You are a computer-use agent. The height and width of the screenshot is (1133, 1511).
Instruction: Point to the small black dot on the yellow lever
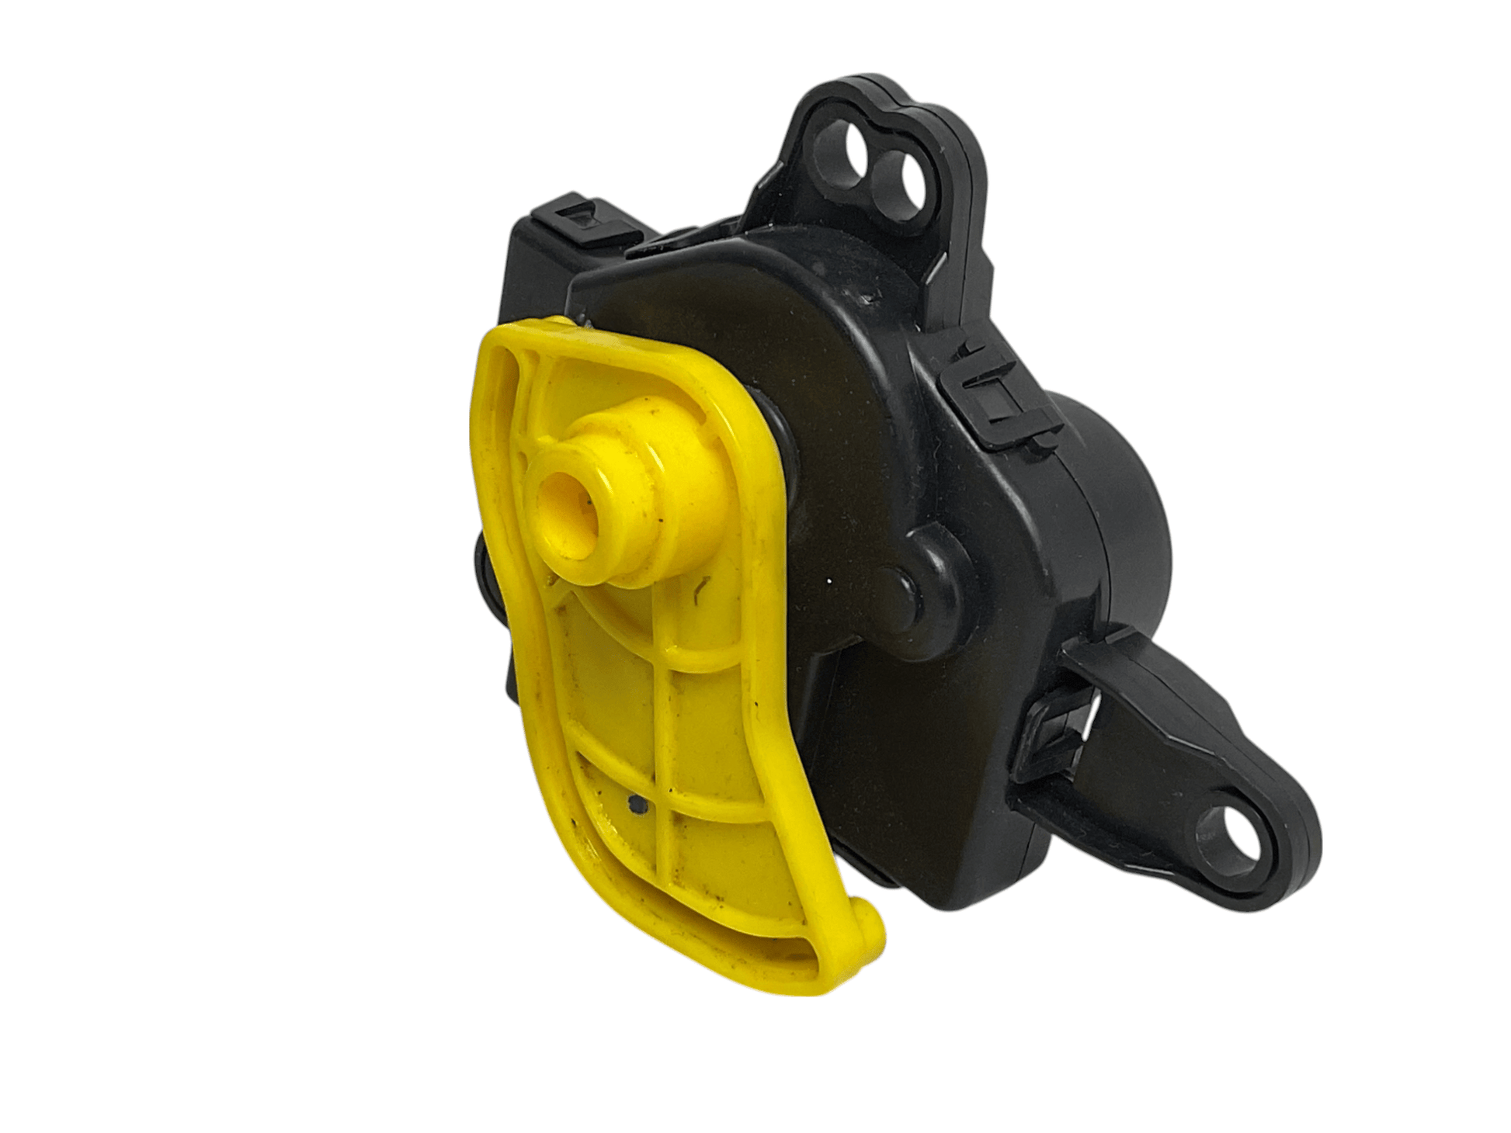click(x=637, y=808)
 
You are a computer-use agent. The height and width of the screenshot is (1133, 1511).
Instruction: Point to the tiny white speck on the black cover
click(x=832, y=580)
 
